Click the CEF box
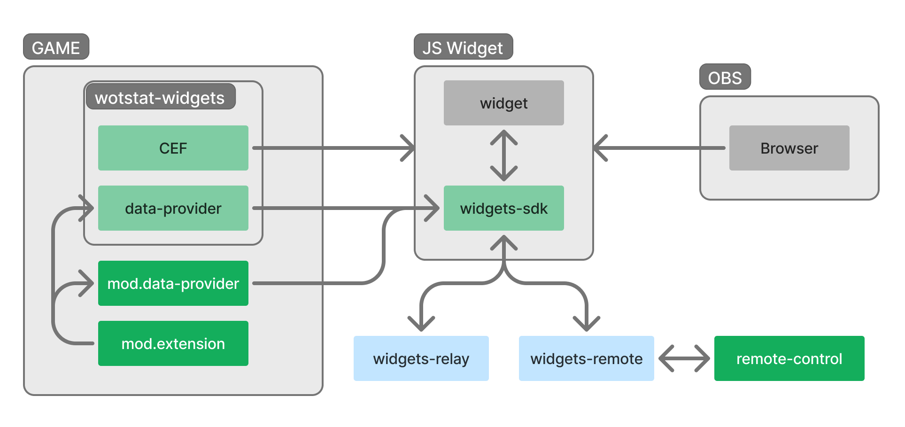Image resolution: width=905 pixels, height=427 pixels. click(173, 148)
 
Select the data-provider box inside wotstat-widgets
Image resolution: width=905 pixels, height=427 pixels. click(173, 208)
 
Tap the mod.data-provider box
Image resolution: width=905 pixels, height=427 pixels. click(173, 283)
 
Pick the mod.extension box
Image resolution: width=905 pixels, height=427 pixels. click(173, 343)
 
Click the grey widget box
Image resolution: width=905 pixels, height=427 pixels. click(503, 103)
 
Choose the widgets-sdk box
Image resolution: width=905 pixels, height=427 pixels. click(503, 208)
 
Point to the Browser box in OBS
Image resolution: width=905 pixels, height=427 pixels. click(789, 148)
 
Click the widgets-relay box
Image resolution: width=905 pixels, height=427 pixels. click(421, 358)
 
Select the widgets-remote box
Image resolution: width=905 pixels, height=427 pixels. click(586, 358)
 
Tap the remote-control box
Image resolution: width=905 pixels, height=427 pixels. click(789, 358)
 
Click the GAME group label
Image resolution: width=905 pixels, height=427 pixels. click(56, 47)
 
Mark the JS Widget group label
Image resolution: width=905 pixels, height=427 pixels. click(463, 47)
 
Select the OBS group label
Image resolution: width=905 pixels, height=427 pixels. click(725, 77)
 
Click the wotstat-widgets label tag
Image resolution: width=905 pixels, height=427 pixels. click(160, 97)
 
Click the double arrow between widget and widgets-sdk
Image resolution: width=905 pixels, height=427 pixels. click(503, 155)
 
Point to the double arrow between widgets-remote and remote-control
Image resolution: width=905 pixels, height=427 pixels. click(684, 358)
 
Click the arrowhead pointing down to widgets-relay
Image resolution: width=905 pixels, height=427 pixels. click(421, 324)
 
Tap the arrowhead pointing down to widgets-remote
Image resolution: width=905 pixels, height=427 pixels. click(587, 324)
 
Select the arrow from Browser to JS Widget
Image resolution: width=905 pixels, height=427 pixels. click(657, 148)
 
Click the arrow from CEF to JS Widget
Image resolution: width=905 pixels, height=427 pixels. click(329, 148)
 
